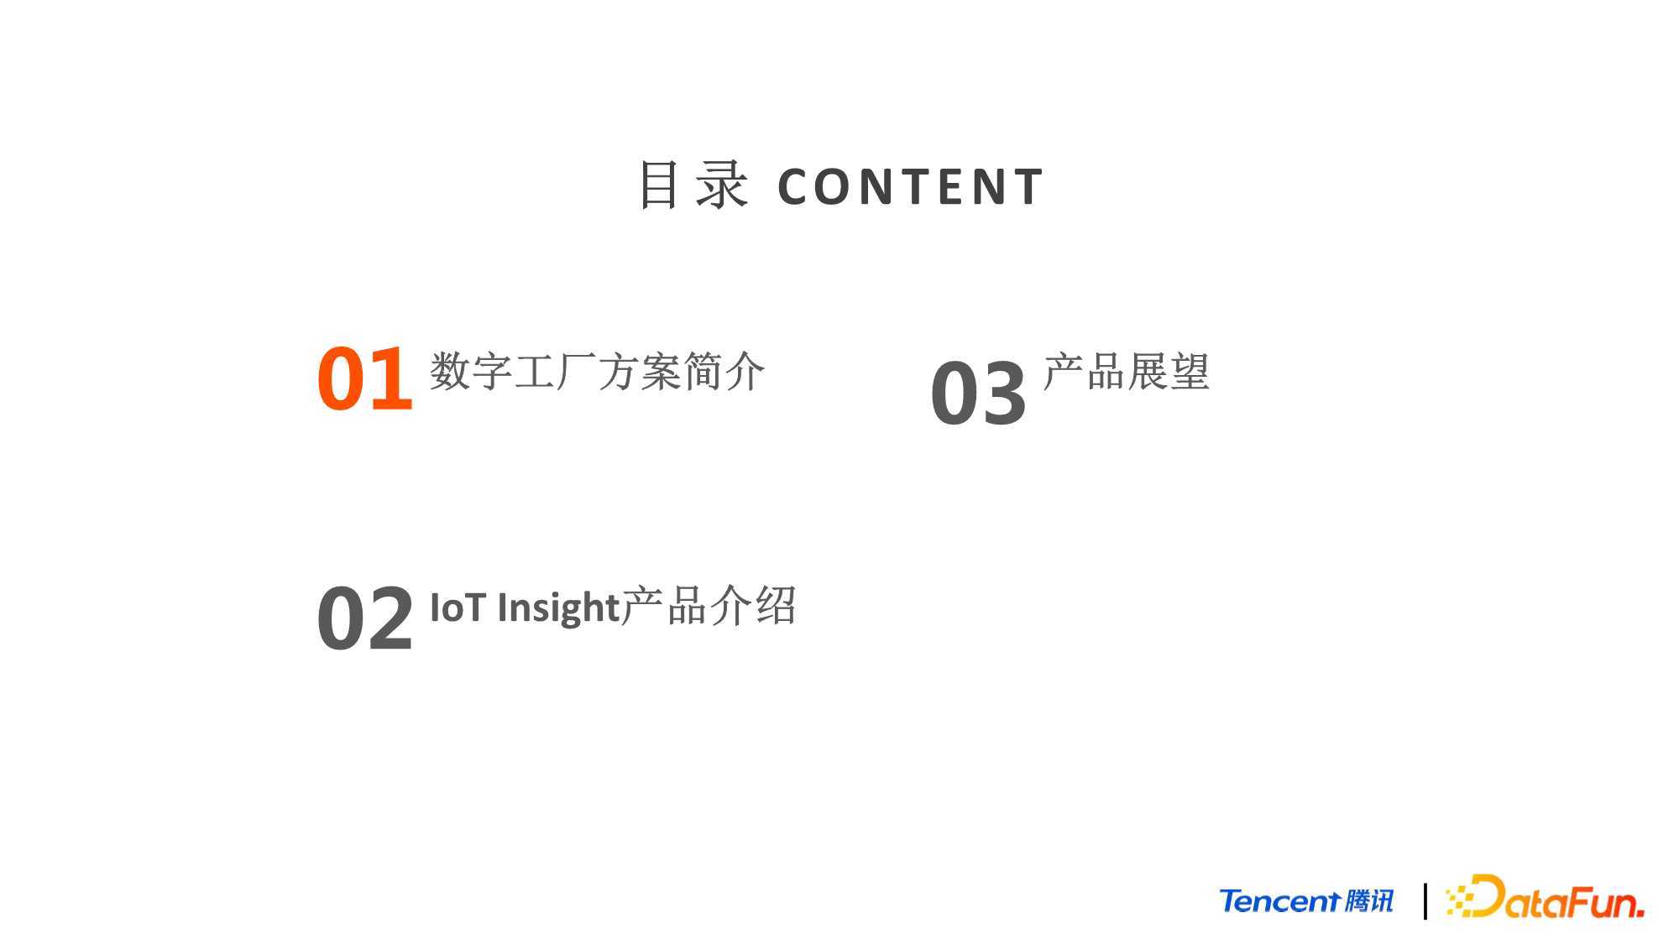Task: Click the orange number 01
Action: pyautogui.click(x=365, y=379)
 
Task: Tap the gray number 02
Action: pyautogui.click(x=365, y=618)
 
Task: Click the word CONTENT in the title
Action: pyautogui.click(x=911, y=186)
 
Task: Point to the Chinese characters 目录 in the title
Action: pyautogui.click(x=693, y=185)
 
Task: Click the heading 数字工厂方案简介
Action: pyautogui.click(x=597, y=371)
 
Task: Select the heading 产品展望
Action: pyautogui.click(x=1126, y=371)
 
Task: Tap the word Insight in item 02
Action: pyautogui.click(x=558, y=608)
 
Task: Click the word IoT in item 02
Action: pyautogui.click(x=458, y=608)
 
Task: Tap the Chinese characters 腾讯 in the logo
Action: pyautogui.click(x=1368, y=901)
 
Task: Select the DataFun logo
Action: pyautogui.click(x=1545, y=897)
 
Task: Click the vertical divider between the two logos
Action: pyautogui.click(x=1425, y=901)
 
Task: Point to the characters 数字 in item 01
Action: pyautogui.click(x=471, y=371)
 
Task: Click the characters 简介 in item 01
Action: pyautogui.click(x=724, y=371)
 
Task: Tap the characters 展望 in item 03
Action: pyautogui.click(x=1168, y=371)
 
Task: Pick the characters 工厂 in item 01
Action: pyautogui.click(x=555, y=371)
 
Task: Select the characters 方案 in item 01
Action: pyautogui.click(x=640, y=371)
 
